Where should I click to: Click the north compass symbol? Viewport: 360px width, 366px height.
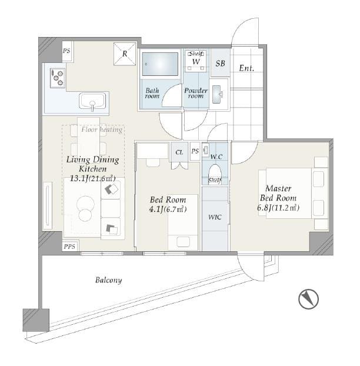coord(308,299)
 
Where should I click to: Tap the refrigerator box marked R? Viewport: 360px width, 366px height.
coord(125,54)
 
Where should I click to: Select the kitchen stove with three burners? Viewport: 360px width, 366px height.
coord(58,78)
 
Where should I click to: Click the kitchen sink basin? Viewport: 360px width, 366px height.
coord(92,101)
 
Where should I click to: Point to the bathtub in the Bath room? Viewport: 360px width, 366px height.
coord(160,64)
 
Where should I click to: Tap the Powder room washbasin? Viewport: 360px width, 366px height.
coord(217,94)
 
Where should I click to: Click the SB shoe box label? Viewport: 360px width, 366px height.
coord(220,64)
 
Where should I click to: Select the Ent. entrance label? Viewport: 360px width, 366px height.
coord(246,68)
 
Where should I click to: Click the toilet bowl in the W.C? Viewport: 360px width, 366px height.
coord(215,173)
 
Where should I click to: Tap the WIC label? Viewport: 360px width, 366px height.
coord(215,217)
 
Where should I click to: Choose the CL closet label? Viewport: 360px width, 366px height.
coord(179,152)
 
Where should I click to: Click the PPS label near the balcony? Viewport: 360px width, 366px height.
coord(69,247)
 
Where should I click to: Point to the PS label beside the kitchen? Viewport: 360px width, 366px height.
coord(66,51)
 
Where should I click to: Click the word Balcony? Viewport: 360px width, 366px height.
coord(108,280)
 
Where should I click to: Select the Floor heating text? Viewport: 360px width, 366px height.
coord(102,129)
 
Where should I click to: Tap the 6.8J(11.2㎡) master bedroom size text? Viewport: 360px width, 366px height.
coord(278,208)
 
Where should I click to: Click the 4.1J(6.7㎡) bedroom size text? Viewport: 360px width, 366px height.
coord(168,209)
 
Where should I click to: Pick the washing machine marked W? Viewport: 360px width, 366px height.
coord(196,61)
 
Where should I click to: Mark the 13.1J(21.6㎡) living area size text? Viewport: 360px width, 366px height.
coord(92,179)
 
